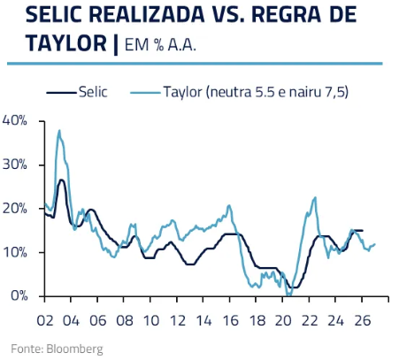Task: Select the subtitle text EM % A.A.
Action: (159, 43)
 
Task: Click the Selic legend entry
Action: (93, 92)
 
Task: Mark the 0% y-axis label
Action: (19, 296)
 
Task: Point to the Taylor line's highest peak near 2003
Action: (59, 131)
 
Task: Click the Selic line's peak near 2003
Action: (61, 180)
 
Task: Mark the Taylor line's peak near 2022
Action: (315, 197)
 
